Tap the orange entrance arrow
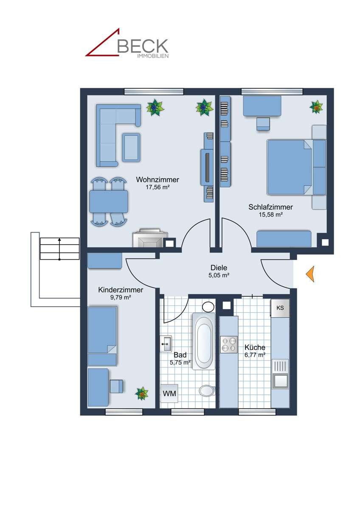pyautogui.click(x=310, y=274)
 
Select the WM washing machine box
pyautogui.click(x=169, y=394)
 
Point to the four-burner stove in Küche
pyautogui.click(x=229, y=344)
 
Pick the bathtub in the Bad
pyautogui.click(x=204, y=341)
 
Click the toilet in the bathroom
pyautogui.click(x=207, y=390)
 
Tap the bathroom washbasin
pyautogui.click(x=166, y=343)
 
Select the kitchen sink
pyautogui.click(x=280, y=374)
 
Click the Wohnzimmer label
pyautogui.click(x=157, y=180)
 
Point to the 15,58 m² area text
pyautogui.click(x=271, y=215)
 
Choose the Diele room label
pyautogui.click(x=219, y=268)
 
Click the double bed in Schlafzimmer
pyautogui.click(x=290, y=167)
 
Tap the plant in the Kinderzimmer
pyautogui.click(x=142, y=394)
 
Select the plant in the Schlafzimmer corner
pyautogui.click(x=316, y=107)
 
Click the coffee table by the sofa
pyautogui.click(x=131, y=147)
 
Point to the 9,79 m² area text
pyautogui.click(x=120, y=297)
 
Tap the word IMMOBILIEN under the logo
pyautogui.click(x=152, y=56)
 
